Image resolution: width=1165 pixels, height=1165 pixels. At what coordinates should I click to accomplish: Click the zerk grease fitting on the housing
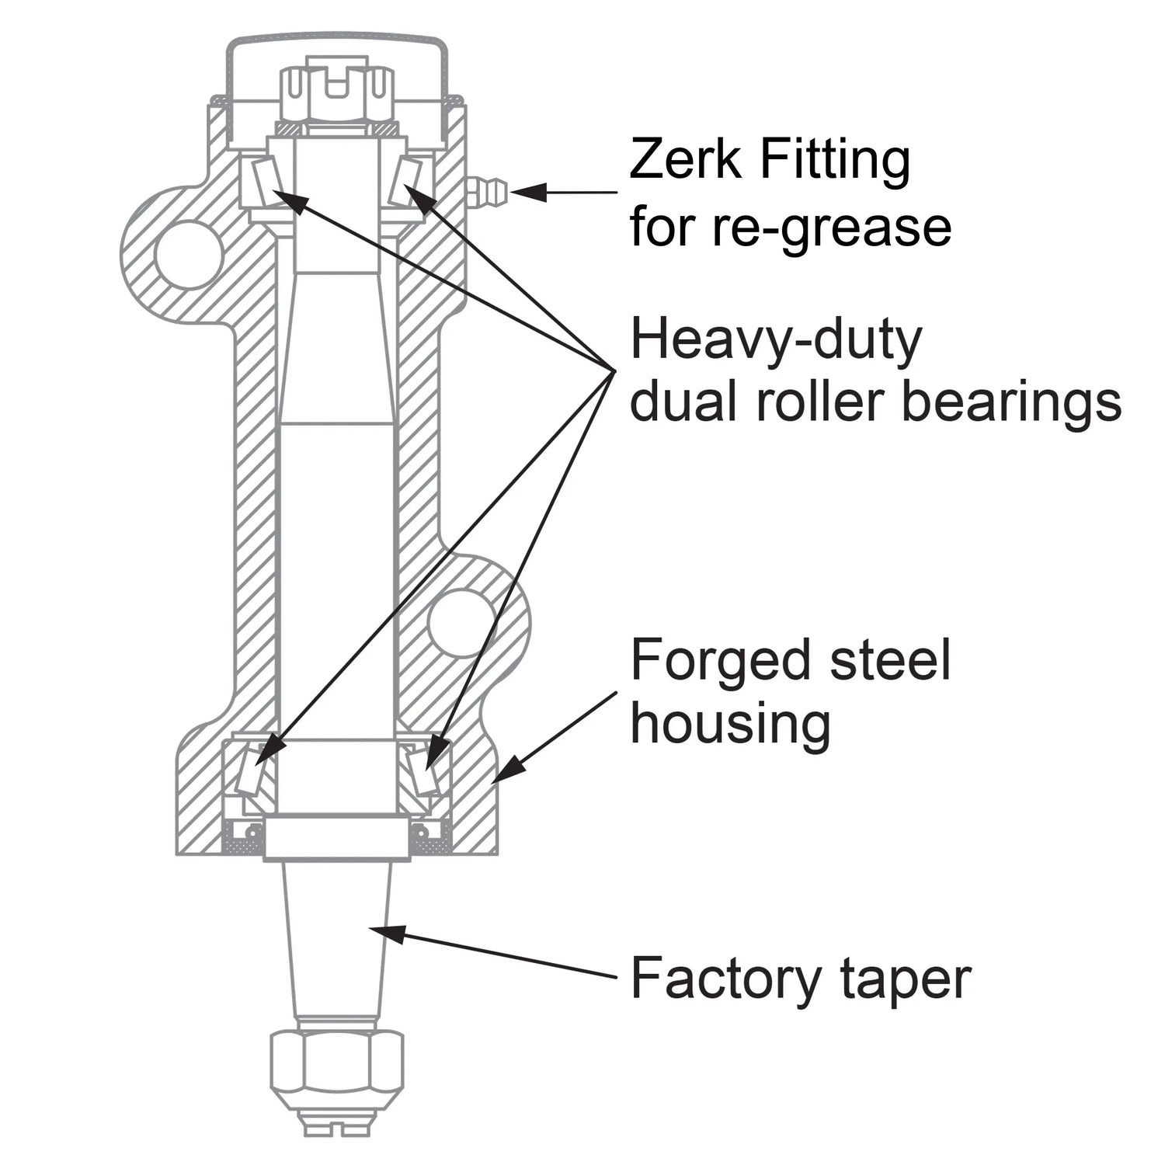487,191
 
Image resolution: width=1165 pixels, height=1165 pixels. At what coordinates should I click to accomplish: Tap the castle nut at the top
336,93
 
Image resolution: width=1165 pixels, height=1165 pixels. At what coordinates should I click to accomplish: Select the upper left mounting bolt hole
189,254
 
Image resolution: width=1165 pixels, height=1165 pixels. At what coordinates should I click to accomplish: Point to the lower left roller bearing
252,768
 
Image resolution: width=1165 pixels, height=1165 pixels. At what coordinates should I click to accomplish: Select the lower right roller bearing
423,768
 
